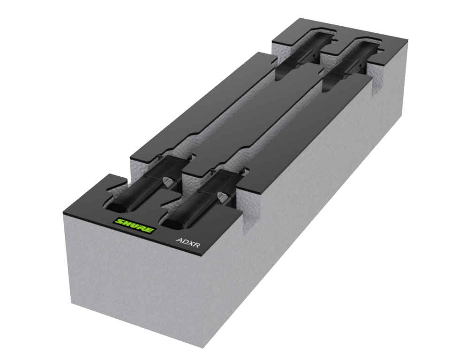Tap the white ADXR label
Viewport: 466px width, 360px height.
pos(188,241)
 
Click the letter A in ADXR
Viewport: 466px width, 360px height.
pos(179,240)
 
